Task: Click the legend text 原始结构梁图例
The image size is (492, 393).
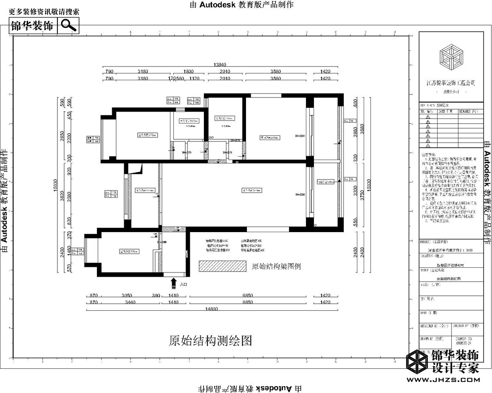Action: (x=277, y=267)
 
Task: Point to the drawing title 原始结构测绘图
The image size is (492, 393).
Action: (x=210, y=340)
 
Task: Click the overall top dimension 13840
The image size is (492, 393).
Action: (x=220, y=65)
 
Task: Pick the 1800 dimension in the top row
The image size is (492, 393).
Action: (x=188, y=72)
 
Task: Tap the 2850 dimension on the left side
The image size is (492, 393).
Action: (x=62, y=136)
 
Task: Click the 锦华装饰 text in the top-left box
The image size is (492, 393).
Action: (x=33, y=25)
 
